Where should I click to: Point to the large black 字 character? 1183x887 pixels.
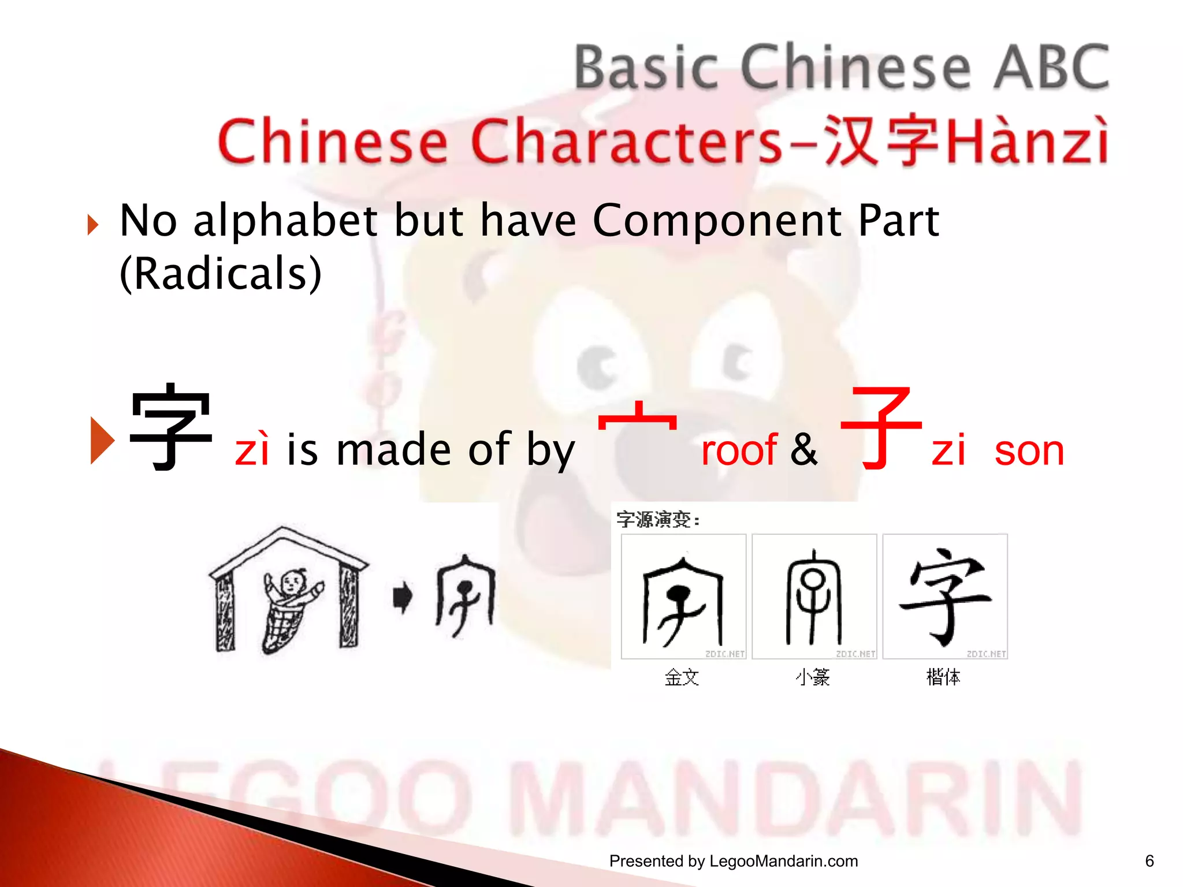(170, 427)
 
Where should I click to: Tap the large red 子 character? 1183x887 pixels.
(880, 428)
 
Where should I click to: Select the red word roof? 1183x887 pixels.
(739, 450)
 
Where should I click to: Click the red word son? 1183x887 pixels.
(1029, 451)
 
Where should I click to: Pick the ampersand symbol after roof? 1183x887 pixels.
(803, 449)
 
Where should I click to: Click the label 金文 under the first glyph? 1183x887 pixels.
(682, 677)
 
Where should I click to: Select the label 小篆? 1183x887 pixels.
(813, 677)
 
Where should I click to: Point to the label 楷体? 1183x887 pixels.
(943, 677)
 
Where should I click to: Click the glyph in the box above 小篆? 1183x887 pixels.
(813, 597)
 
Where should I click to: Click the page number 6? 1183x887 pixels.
(1149, 861)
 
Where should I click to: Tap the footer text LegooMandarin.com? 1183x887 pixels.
(783, 861)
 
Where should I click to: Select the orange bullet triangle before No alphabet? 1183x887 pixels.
(93, 225)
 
